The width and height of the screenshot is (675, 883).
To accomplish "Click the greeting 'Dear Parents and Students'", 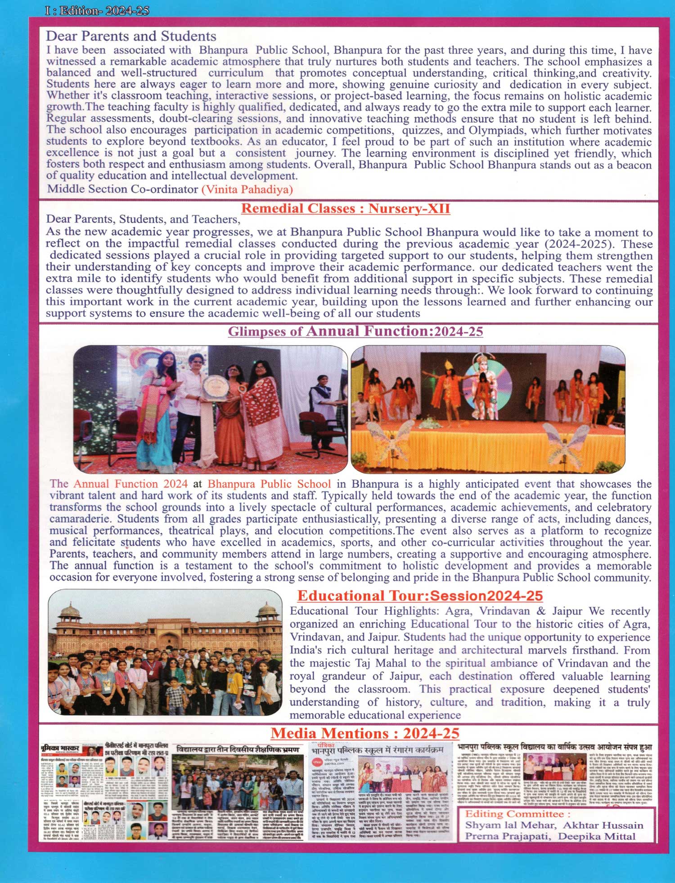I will click(x=131, y=36).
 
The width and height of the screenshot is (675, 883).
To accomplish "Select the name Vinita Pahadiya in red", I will click(x=247, y=189).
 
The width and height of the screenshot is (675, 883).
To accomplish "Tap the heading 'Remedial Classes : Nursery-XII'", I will click(x=345, y=208).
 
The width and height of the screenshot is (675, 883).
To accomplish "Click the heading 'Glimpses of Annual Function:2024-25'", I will click(x=355, y=332).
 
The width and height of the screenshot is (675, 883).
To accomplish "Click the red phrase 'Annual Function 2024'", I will click(x=130, y=484).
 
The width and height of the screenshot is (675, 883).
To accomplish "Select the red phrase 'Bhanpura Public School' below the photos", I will click(x=269, y=484).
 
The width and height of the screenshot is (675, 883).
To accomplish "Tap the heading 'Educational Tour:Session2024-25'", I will click(x=420, y=596).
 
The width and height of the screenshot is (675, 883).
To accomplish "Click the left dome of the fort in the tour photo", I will click(x=69, y=611).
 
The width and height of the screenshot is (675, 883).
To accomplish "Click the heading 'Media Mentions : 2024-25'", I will click(x=364, y=733).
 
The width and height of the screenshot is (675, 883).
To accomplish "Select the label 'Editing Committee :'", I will click(x=517, y=814).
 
